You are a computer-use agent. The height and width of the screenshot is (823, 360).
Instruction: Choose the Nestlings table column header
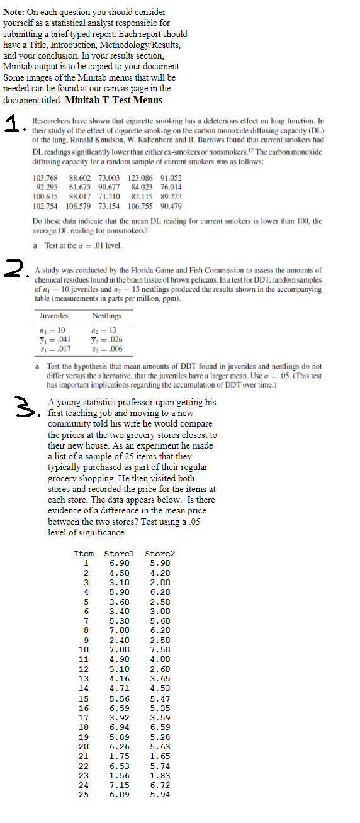[x=106, y=315]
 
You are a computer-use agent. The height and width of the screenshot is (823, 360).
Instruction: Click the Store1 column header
[x=120, y=554]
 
